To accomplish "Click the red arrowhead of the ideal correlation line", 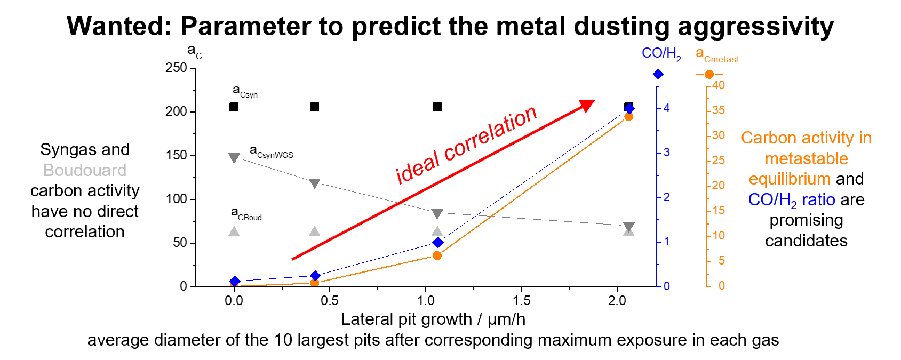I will coord(586,106).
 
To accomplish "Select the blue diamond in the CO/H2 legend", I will coord(658,74).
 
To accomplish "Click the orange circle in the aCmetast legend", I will coord(709,74).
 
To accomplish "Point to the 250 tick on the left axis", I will coord(176,68).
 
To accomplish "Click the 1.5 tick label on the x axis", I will coord(521,301).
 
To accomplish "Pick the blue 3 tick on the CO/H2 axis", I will coord(666,153).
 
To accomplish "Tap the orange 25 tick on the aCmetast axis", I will coord(718,160).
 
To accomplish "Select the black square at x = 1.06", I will coord(437,107).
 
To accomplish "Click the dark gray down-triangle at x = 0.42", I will coord(315,183).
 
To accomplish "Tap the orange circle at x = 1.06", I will coord(437,255).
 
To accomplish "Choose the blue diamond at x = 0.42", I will coord(315,276).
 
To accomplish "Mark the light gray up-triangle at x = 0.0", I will coord(234,231).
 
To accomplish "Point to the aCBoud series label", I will coord(246,214).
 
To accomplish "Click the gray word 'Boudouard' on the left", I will coord(85,170).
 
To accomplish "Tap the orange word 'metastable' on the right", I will coord(806,158).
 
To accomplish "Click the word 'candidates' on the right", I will coord(806,241).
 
